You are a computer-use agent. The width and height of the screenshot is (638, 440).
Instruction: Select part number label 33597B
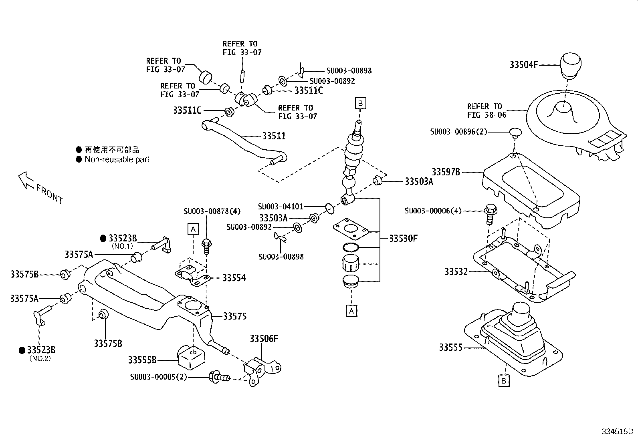point(446,172)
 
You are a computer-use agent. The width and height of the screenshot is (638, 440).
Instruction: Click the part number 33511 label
point(274,136)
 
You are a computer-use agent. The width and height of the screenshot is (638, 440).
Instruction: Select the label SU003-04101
point(281,207)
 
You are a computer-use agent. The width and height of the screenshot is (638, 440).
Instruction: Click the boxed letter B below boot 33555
point(504,381)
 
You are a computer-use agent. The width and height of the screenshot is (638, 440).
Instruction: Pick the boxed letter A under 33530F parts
point(351,311)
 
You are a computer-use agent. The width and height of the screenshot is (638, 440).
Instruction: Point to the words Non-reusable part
point(117,159)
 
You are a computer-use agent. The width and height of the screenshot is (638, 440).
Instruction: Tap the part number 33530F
point(403,239)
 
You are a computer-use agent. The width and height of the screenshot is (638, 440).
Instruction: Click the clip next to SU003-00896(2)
point(515,132)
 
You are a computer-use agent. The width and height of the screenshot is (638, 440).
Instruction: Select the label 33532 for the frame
point(456,272)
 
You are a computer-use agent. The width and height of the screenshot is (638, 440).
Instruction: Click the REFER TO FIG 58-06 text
point(486,111)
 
